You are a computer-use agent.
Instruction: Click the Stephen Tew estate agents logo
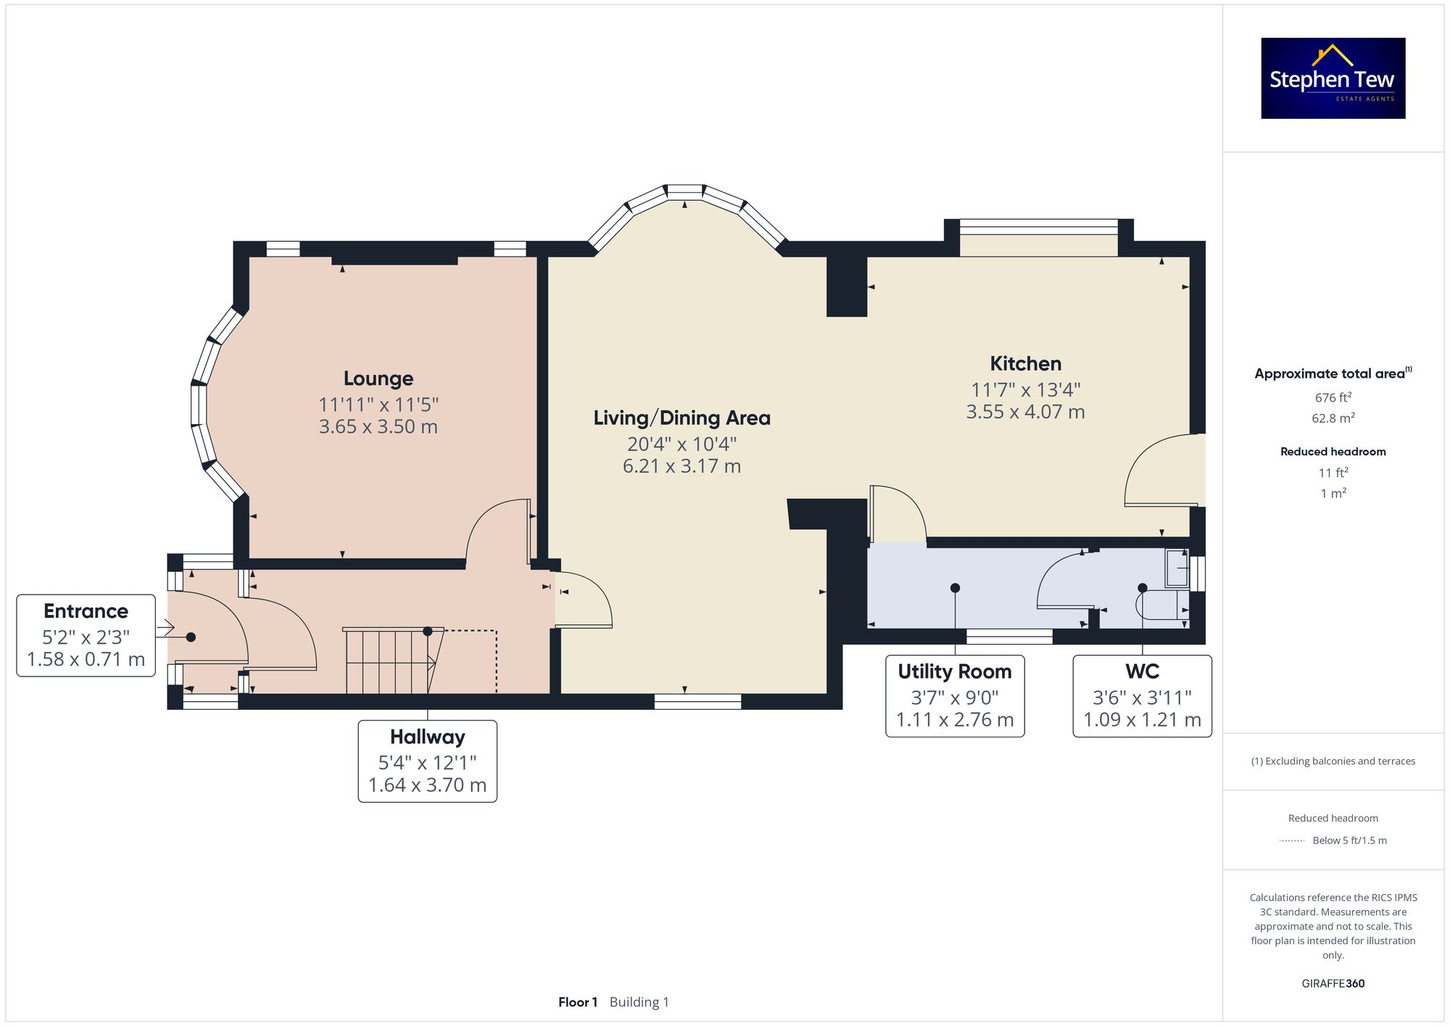pyautogui.click(x=1333, y=78)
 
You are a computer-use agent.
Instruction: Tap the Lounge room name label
pyautogui.click(x=378, y=378)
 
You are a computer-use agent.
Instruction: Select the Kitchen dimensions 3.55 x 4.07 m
pyautogui.click(x=1025, y=412)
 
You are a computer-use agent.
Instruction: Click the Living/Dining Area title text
pyautogui.click(x=681, y=418)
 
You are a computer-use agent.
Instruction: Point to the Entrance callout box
pyautogui.click(x=86, y=635)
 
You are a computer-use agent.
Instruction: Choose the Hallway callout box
pyautogui.click(x=427, y=761)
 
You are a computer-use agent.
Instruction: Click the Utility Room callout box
pyautogui.click(x=954, y=696)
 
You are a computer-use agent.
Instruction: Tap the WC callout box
pyautogui.click(x=1142, y=696)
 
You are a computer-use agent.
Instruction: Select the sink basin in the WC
pyautogui.click(x=1176, y=568)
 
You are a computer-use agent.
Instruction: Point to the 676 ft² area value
pyautogui.click(x=1333, y=397)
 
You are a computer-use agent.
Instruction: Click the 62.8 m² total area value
pyautogui.click(x=1333, y=418)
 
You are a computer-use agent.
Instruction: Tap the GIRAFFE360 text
pyautogui.click(x=1333, y=983)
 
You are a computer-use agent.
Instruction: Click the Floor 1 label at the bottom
pyautogui.click(x=577, y=1002)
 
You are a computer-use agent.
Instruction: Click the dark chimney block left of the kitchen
pyautogui.click(x=847, y=286)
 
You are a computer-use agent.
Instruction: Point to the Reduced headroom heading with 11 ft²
pyautogui.click(x=1333, y=452)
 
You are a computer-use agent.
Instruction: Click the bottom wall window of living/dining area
pyautogui.click(x=697, y=701)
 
